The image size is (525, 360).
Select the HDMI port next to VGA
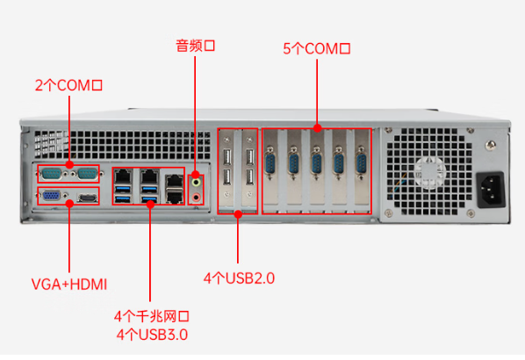(x=86, y=198)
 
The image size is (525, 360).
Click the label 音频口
(x=195, y=46)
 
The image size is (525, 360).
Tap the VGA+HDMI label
(x=68, y=284)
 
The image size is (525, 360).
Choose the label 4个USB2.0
(x=239, y=278)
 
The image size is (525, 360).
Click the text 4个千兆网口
(x=151, y=316)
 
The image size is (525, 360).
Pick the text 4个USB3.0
(x=151, y=334)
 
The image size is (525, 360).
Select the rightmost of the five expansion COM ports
(x=360, y=162)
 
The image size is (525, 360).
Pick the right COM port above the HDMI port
(x=85, y=175)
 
